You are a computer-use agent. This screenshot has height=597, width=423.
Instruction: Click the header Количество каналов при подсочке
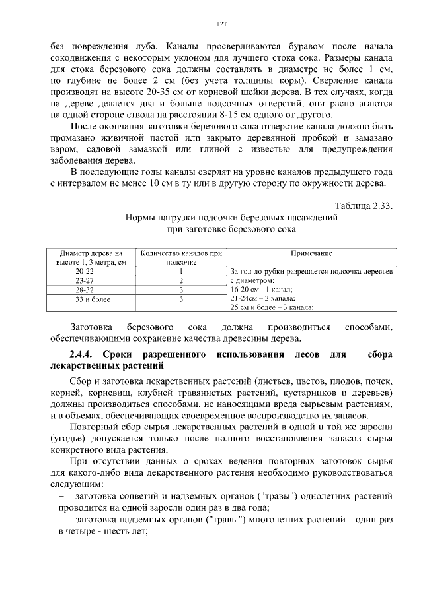180,257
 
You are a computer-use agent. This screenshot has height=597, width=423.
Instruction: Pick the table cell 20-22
85,271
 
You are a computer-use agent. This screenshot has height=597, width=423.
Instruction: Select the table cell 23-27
85,280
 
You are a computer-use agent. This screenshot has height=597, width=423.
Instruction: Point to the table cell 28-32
85,290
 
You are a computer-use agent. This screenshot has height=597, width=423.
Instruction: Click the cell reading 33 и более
85,299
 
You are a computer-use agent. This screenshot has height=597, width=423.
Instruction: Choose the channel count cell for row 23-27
180,280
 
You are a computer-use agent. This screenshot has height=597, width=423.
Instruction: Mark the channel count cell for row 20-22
180,271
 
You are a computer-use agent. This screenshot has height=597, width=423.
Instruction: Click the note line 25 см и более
271,307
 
